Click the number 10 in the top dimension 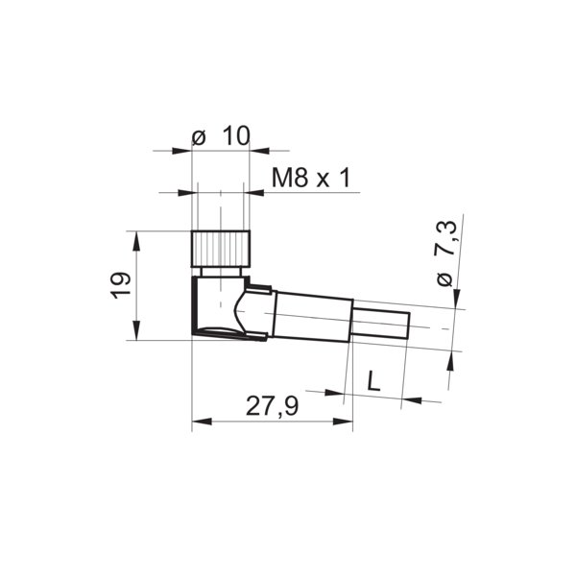pos(234,136)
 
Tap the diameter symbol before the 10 pos(198,137)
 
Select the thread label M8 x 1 pos(307,179)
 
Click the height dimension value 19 pos(120,285)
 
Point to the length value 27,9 pos(272,407)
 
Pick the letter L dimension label pos(373,380)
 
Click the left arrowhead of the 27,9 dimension pos(199,421)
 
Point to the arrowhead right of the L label pos(410,398)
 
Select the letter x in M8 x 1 pos(323,180)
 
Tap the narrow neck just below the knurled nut pos(221,273)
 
